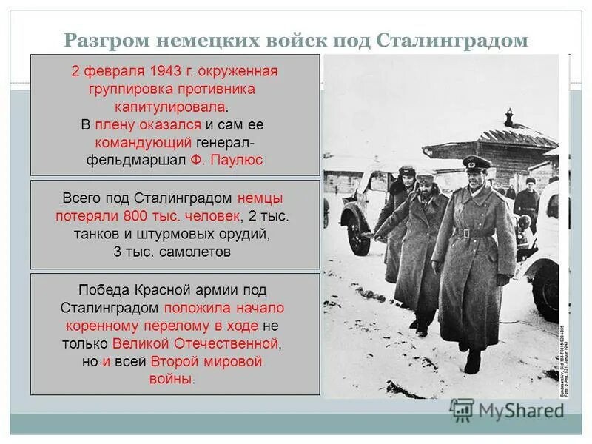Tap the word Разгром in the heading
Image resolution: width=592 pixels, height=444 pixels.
click(104, 40)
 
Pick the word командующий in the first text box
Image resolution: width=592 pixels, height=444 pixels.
click(144, 141)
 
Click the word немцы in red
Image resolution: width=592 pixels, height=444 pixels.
click(260, 198)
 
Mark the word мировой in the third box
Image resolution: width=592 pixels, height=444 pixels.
click(236, 362)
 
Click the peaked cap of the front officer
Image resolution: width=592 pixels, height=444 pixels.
click(476, 164)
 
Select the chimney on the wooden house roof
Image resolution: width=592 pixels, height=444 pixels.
click(508, 118)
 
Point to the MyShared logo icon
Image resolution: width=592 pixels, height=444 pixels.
click(462, 410)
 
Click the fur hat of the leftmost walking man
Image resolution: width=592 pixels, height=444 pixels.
click(406, 172)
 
